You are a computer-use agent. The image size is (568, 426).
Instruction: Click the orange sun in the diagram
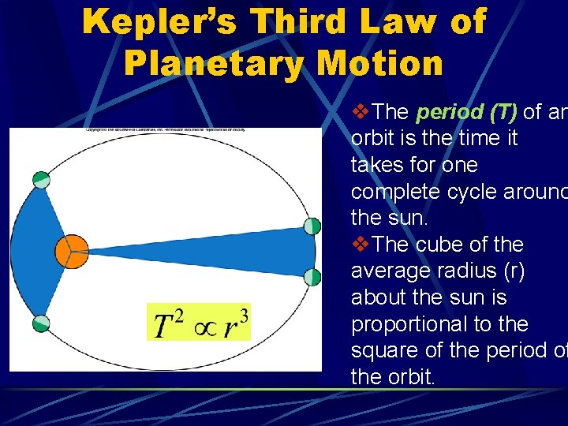click(71, 251)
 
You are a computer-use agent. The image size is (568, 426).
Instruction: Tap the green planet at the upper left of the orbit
click(41, 180)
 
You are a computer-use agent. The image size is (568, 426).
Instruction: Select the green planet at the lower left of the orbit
click(40, 323)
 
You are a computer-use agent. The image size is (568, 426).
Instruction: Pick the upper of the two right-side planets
click(312, 226)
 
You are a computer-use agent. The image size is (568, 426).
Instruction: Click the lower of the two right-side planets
click(312, 277)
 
